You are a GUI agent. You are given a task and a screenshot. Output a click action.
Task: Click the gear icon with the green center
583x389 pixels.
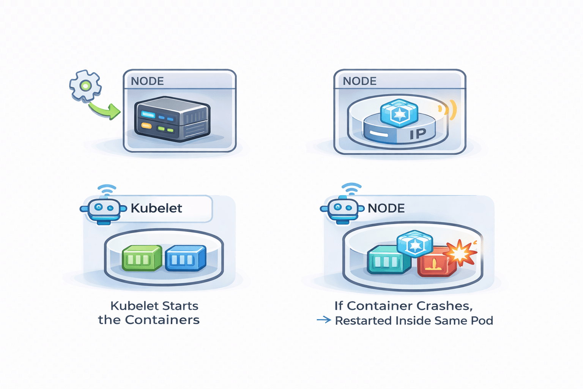85,86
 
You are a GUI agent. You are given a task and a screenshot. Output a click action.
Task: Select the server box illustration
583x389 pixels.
172,119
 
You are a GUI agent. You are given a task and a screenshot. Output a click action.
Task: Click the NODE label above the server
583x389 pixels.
147,81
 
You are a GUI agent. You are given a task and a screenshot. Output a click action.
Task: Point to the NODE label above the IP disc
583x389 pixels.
359,81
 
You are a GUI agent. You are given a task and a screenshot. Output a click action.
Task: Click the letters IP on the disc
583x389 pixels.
418,134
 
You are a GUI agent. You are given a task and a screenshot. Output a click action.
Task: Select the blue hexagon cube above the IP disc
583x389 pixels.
399,113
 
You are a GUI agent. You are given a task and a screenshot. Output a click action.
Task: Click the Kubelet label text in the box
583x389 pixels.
156,208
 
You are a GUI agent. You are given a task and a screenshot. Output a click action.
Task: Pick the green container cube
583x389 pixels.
142,258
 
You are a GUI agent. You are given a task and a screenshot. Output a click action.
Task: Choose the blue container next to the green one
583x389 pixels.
186,258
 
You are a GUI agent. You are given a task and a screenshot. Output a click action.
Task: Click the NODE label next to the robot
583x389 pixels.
386,208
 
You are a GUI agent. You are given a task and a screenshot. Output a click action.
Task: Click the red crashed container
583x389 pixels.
435,264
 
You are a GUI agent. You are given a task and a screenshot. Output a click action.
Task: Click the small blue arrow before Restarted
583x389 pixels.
324,320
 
